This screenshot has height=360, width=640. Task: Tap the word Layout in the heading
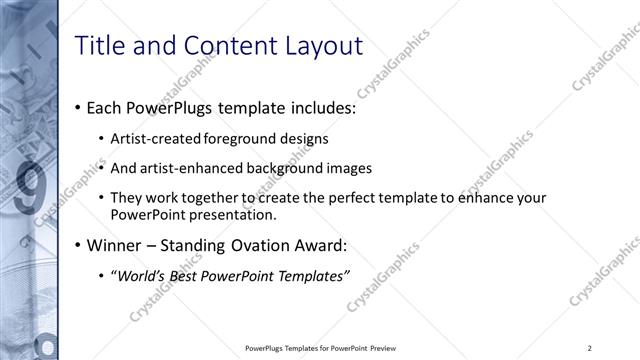pyautogui.click(x=323, y=47)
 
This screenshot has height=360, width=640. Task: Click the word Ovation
pyautogui.click(x=253, y=245)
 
